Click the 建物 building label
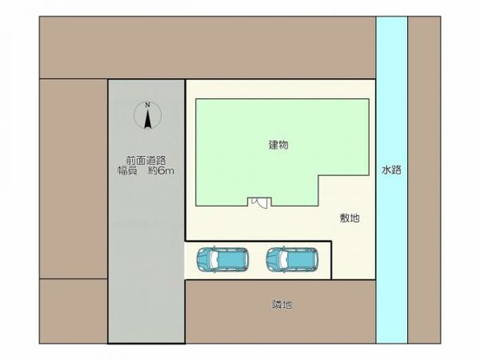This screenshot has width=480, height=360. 278,146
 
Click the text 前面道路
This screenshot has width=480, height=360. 146,160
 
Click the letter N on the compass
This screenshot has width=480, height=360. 148,106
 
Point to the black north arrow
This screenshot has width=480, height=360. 148,120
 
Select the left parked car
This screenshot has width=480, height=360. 224,259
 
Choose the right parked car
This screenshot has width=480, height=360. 293,259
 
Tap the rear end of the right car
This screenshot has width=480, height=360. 316,259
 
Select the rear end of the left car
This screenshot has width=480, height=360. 247,259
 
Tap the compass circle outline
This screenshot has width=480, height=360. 138,115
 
